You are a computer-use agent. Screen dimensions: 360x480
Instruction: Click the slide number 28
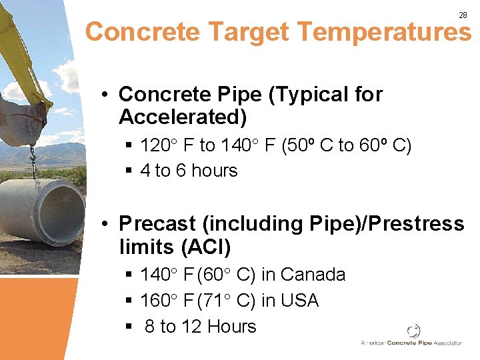[x=463, y=15]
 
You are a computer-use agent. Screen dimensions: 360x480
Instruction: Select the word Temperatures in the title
[x=385, y=32]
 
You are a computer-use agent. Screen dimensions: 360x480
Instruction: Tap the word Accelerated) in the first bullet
[x=182, y=117]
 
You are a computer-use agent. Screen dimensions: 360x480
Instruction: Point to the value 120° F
[x=168, y=145]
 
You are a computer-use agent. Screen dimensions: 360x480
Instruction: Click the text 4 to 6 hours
[x=189, y=171]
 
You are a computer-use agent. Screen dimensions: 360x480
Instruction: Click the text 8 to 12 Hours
[x=200, y=327]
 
